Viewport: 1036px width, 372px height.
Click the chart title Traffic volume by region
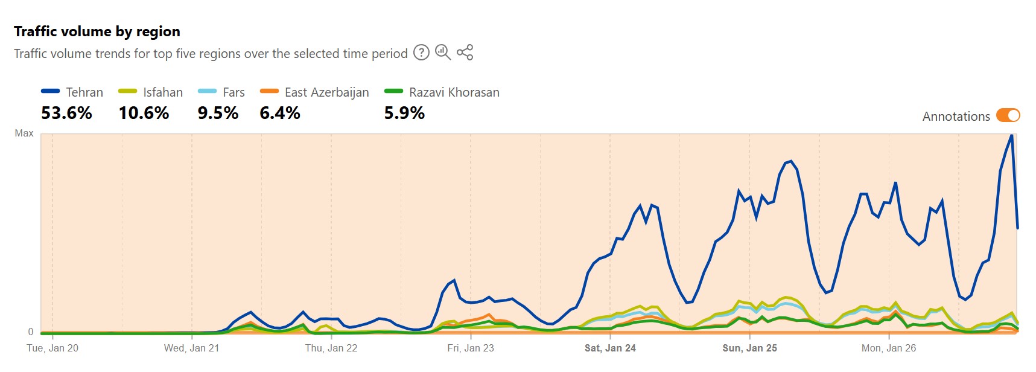point(97,31)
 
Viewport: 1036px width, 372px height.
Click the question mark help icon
point(421,53)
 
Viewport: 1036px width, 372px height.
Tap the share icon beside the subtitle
point(465,53)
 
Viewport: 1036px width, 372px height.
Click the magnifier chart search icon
point(443,53)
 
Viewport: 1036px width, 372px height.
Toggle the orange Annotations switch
point(1008,115)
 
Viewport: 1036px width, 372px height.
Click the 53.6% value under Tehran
point(66,113)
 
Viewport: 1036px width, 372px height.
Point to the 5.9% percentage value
point(404,113)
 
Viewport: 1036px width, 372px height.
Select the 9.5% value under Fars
point(218,113)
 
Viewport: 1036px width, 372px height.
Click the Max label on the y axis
point(24,133)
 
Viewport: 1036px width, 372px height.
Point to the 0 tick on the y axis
point(31,332)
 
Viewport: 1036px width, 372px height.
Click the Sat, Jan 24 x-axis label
point(610,348)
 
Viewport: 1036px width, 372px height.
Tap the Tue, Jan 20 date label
point(52,348)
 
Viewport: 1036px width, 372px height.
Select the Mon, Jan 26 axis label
point(888,348)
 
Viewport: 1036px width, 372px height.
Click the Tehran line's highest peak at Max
point(1011,135)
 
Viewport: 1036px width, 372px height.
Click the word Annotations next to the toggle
point(956,117)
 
